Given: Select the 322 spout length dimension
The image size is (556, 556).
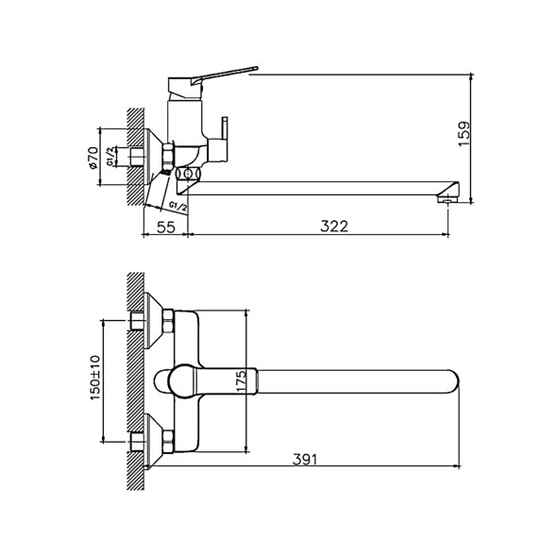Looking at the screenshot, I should (x=334, y=227).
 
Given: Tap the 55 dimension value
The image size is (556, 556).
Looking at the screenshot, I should (x=164, y=227).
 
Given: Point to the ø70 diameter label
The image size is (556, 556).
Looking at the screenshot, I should (x=94, y=158).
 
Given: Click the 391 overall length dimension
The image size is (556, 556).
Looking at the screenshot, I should (x=304, y=460).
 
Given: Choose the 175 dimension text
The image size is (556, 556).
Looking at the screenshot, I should (x=242, y=381).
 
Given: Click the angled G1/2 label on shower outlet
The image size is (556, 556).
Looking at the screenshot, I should (x=177, y=203).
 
